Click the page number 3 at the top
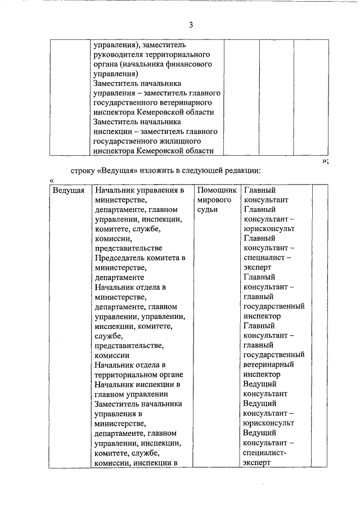pyautogui.click(x=191, y=25)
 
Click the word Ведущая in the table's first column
pyautogui.click(x=69, y=190)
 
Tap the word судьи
pyautogui.click(x=208, y=210)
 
